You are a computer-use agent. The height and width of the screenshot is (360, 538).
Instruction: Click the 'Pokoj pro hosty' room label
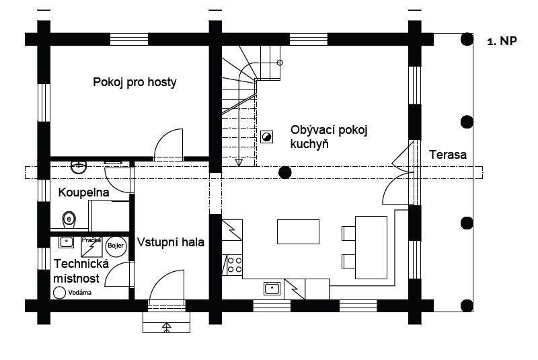point(134,83)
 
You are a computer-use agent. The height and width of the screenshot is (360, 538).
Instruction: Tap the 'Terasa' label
point(448,155)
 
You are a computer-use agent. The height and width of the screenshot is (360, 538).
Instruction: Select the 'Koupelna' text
point(83,192)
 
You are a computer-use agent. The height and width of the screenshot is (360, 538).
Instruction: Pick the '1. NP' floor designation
point(501,41)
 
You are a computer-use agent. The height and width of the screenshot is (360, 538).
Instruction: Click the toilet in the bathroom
point(67,219)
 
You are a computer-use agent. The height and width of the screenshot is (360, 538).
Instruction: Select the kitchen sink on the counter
point(272,289)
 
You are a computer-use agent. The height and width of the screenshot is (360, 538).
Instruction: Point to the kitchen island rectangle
point(299,231)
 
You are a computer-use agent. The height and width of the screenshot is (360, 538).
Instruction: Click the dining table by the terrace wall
point(371,247)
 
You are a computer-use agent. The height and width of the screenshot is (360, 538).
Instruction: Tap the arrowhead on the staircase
point(238,161)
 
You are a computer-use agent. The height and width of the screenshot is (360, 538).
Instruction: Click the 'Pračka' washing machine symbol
point(91,246)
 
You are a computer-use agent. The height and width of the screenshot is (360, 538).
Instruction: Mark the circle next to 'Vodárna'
point(59,293)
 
